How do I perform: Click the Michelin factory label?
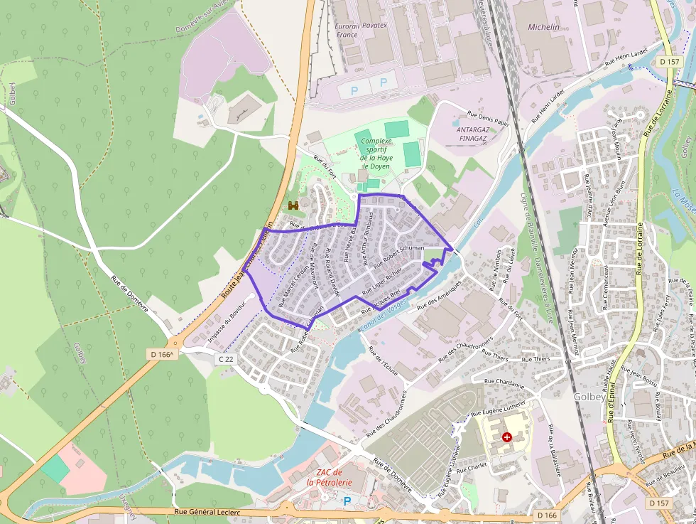pos(543,27)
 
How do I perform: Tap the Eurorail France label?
pos(347,30)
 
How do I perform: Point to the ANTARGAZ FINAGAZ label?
pos(473,134)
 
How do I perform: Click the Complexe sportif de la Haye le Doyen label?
pos(376,154)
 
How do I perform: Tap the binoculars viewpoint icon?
pos(293,205)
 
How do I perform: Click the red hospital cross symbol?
pos(506,437)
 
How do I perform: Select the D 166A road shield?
pos(162,353)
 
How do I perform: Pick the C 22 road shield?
pos(225,360)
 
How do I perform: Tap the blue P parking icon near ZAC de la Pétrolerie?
pos(347,501)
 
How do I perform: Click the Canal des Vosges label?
pos(384,314)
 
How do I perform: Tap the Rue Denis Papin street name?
pos(489,117)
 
